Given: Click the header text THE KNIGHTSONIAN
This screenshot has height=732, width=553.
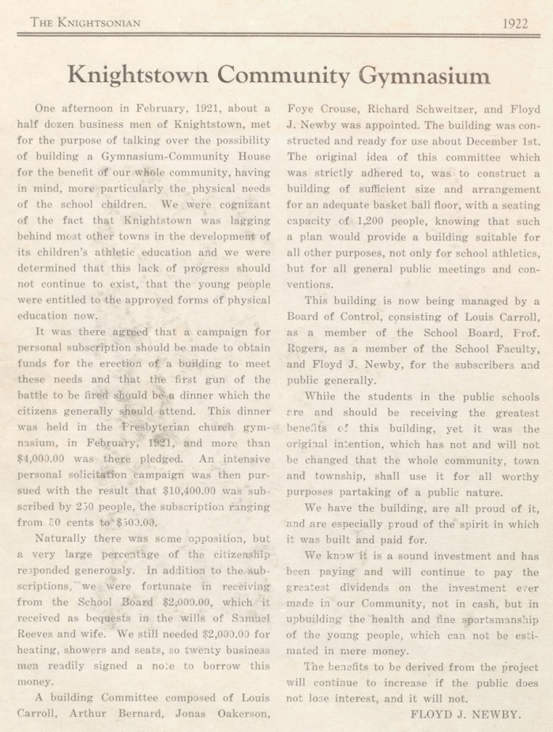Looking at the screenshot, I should [85, 23].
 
